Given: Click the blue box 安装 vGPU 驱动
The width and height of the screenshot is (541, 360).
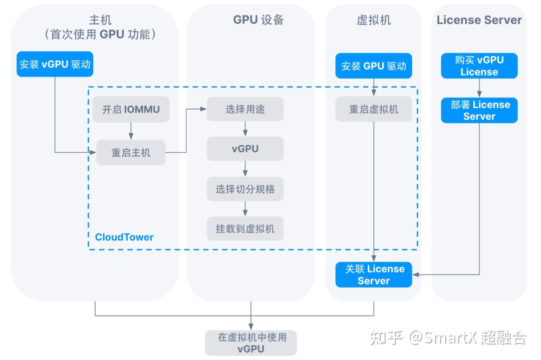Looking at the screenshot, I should pyautogui.click(x=55, y=64).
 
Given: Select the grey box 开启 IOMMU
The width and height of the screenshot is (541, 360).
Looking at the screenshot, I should pyautogui.click(x=131, y=109).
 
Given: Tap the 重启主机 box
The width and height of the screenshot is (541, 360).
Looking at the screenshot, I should pyautogui.click(x=131, y=152).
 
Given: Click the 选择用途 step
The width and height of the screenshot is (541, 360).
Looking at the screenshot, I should pyautogui.click(x=245, y=109).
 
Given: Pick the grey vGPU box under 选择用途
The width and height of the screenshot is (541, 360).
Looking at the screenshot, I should pyautogui.click(x=245, y=149).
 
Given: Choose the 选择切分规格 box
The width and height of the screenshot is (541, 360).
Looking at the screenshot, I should pyautogui.click(x=245, y=189).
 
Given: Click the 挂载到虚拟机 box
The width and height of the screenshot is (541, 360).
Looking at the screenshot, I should pyautogui.click(x=245, y=229).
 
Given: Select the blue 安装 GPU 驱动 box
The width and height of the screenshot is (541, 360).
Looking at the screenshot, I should pyautogui.click(x=374, y=66).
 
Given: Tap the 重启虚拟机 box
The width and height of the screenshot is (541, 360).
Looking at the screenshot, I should pyautogui.click(x=374, y=109).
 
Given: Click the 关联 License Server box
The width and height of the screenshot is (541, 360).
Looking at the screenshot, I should pyautogui.click(x=374, y=274).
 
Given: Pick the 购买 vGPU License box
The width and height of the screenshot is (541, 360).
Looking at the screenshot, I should pyautogui.click(x=479, y=66).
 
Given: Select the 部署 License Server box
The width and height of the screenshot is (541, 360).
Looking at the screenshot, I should pyautogui.click(x=479, y=110).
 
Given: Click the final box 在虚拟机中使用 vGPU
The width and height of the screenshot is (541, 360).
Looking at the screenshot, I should pyautogui.click(x=251, y=343).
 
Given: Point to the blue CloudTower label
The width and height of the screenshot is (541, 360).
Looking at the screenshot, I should pyautogui.click(x=124, y=237).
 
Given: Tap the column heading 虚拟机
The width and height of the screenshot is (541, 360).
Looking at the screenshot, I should pyautogui.click(x=373, y=20).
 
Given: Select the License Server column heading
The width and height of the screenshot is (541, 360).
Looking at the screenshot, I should pyautogui.click(x=479, y=20).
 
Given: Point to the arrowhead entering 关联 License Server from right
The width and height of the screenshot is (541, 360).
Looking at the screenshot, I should pyautogui.click(x=416, y=274).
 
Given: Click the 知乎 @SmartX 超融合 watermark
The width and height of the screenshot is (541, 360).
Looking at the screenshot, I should pyautogui.click(x=448, y=337).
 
